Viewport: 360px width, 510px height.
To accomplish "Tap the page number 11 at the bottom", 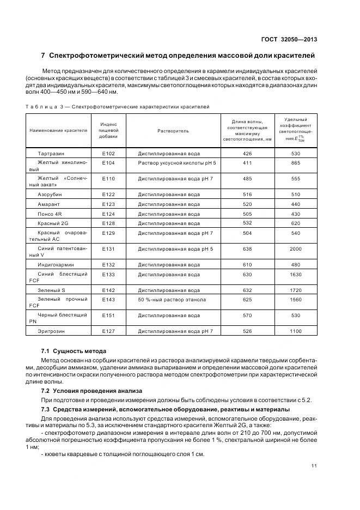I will click(314, 465).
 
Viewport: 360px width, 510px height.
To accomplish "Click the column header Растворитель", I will click(173, 131).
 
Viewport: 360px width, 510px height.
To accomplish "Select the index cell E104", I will click(108, 163).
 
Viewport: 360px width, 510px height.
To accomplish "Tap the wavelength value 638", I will click(247, 249).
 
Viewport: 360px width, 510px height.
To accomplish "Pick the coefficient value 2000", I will click(296, 249).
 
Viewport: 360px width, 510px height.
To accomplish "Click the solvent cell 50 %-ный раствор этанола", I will click(172, 300).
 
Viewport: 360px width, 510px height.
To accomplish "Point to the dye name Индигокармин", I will click(57, 264).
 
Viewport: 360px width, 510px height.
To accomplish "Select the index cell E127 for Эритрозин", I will click(108, 331).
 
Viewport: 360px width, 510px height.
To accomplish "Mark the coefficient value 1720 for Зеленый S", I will click(296, 290).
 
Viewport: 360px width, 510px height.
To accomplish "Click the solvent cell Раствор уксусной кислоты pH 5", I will click(177, 163).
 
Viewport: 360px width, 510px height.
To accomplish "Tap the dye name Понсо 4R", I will click(50, 214).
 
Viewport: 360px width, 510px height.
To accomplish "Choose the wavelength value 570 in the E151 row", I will click(247, 315).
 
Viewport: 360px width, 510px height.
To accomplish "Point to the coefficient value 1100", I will click(296, 331).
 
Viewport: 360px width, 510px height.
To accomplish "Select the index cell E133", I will click(108, 274).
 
